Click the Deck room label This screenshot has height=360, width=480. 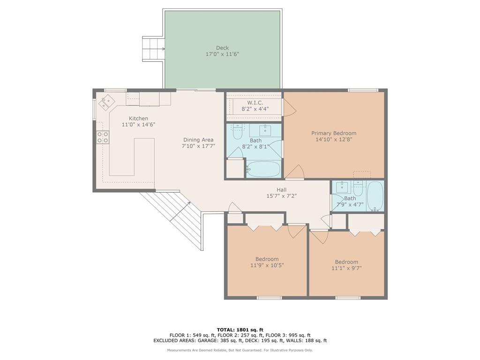pos(222,48)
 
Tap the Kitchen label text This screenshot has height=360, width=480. pos(138,119)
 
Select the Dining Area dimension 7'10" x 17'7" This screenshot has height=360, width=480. pos(198,146)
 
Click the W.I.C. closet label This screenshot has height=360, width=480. pos(255,103)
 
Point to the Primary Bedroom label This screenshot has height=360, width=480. pos(334,133)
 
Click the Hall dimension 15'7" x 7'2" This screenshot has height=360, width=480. pos(282,196)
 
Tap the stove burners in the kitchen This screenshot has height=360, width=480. pos(103,137)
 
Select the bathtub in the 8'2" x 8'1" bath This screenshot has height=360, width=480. pos(263,169)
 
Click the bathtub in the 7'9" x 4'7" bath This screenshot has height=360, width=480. pos(375,196)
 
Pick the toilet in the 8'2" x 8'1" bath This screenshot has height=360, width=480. pos(238,132)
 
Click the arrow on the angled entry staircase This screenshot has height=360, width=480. pos(180,211)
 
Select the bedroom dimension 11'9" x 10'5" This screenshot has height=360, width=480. pos(267,265)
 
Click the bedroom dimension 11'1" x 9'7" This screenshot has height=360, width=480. pos(346,268)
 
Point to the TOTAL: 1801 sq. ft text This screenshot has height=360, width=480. pos(240,330)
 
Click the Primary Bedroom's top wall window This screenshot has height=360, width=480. pos(363,90)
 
